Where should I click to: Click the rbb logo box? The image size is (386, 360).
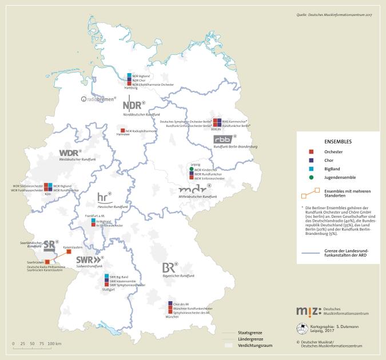226,139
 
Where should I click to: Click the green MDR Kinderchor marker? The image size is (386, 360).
192,170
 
